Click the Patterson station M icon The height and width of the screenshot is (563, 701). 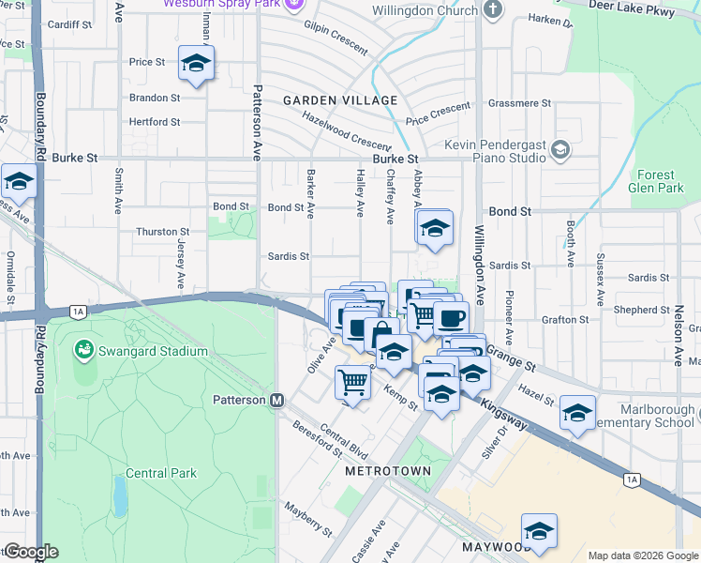pos(276,401)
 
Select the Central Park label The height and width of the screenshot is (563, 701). pos(161,473)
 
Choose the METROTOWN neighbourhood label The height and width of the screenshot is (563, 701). pos(387,470)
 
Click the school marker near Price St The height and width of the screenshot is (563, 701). pos(196,64)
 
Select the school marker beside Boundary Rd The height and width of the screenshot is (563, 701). pos(18,181)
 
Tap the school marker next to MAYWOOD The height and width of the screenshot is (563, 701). pos(539,531)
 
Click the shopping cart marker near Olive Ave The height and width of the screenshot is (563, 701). pos(351,383)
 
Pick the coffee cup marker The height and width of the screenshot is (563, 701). pos(451,317)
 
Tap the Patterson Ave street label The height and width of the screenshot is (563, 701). pos(257,123)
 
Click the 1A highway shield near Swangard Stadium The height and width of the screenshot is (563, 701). pos(78,311)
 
